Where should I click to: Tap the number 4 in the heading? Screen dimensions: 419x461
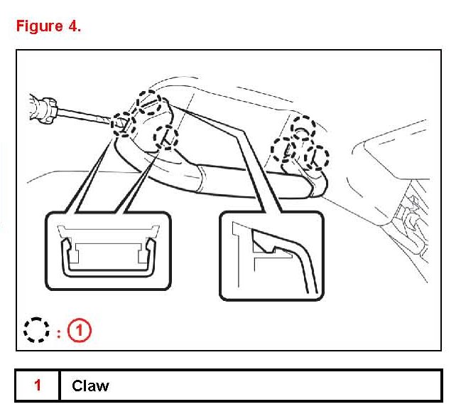click(75, 26)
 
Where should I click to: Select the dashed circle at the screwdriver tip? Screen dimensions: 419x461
click(122, 124)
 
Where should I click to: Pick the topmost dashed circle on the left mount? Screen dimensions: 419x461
click(150, 102)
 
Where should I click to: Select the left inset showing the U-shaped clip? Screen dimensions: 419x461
click(109, 250)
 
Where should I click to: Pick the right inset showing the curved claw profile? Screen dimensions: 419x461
click(271, 254)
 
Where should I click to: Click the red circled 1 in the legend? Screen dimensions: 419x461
click(80, 331)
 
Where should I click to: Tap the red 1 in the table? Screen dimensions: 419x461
click(38, 386)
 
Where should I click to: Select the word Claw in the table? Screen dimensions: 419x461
click(90, 386)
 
